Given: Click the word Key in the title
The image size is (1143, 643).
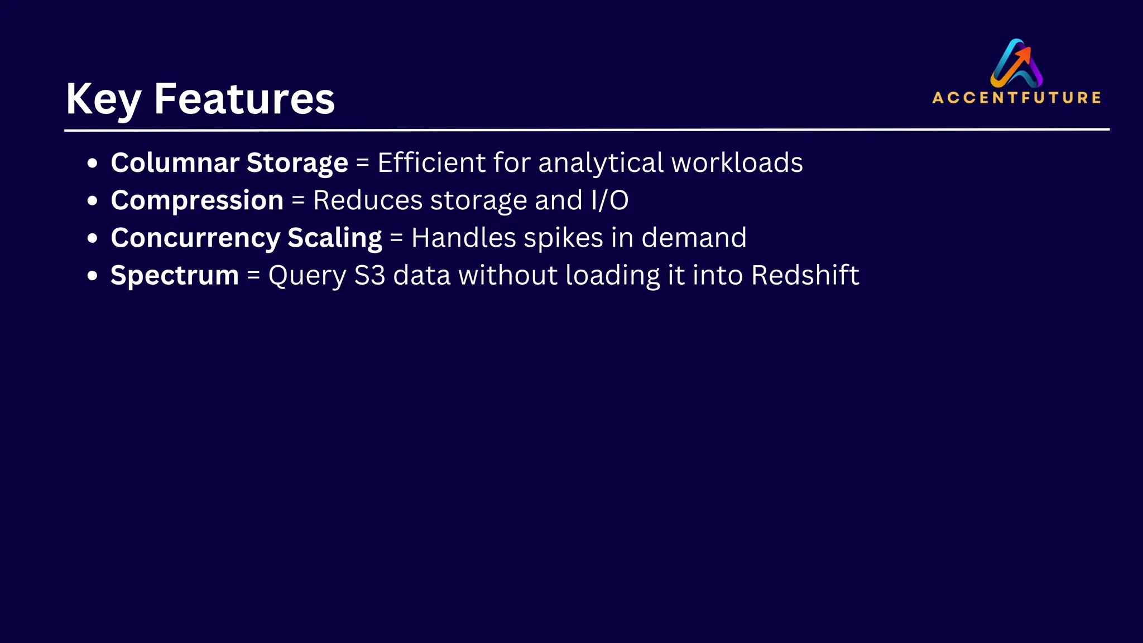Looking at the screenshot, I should click(x=103, y=99).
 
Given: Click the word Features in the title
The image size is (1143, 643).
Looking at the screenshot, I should click(x=244, y=99).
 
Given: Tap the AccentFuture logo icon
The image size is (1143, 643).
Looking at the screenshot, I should click(x=1016, y=63).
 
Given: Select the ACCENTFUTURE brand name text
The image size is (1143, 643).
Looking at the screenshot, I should click(x=1016, y=98).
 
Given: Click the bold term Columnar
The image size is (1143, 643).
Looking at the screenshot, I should click(x=175, y=163).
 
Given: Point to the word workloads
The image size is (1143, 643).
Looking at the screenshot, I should click(x=737, y=163).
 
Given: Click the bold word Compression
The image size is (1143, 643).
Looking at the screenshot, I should click(x=197, y=200).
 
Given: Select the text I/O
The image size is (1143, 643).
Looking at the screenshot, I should click(x=609, y=200).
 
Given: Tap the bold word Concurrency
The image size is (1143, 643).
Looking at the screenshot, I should click(x=195, y=238).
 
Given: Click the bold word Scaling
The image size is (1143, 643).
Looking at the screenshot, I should click(x=335, y=238).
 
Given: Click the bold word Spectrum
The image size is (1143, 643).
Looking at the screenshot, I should click(x=175, y=276).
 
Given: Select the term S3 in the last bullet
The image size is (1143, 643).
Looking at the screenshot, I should click(x=369, y=275).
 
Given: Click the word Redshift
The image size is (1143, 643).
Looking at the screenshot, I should click(x=805, y=275).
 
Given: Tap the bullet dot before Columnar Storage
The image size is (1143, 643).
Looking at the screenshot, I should click(x=93, y=164).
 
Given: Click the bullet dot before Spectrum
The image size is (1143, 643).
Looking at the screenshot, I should click(x=93, y=276).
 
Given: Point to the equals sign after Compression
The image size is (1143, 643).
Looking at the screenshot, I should click(x=298, y=201).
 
